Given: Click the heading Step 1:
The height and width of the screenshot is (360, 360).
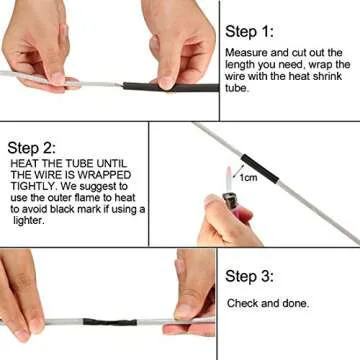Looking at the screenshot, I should [257, 31].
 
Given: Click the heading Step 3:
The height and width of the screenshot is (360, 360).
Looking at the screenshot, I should [256, 277].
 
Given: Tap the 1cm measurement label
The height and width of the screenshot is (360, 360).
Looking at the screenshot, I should [248, 176].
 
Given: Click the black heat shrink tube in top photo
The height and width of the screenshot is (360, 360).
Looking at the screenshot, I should [181, 89].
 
